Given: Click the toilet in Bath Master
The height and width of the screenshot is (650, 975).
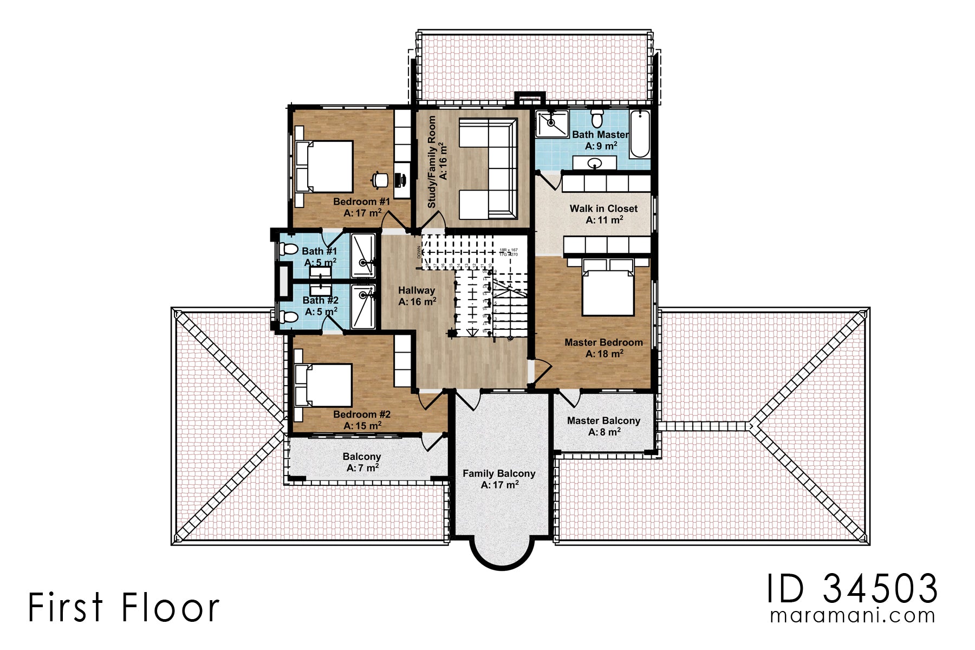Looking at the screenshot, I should (597, 118).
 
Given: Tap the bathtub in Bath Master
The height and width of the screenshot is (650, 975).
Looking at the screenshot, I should (640, 134).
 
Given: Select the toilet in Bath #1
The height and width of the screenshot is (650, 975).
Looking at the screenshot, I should (289, 249).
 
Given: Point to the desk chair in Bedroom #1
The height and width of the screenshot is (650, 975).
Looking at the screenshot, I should (380, 179).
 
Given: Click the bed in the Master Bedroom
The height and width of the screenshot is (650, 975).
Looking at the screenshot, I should (608, 287).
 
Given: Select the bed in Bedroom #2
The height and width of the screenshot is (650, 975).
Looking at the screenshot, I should (324, 385).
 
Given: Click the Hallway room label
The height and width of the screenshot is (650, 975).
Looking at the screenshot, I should (416, 290).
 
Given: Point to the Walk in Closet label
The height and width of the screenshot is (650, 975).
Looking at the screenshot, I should (603, 209).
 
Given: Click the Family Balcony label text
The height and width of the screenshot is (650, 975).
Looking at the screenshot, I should (499, 473).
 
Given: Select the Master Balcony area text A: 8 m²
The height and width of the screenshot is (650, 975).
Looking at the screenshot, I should (604, 432).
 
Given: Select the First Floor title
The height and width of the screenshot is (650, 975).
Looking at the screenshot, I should (123, 607).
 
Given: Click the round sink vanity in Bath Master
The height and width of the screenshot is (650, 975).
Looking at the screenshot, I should (595, 162).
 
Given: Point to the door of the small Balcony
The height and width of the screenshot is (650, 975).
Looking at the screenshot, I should (433, 442).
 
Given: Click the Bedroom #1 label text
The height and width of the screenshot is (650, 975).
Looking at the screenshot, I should (361, 201).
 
